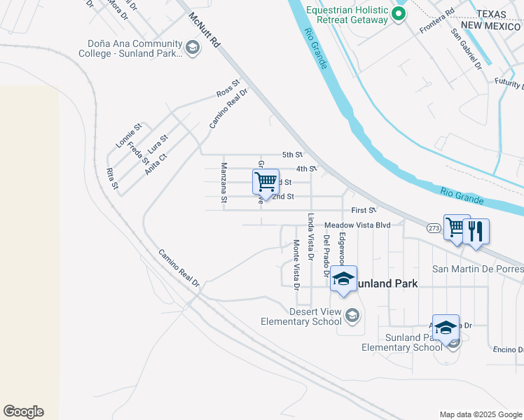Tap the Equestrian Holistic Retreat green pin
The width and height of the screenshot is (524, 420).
click(399, 13)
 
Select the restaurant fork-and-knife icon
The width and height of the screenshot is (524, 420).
click(476, 231)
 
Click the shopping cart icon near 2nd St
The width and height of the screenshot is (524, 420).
click(266, 183)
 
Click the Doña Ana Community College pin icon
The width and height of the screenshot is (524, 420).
click(191, 48)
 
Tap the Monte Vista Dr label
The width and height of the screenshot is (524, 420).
click(296, 265)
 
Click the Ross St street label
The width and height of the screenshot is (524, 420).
click(228, 92)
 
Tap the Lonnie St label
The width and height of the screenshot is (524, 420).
click(128, 135)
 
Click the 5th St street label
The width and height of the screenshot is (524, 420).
click(292, 155)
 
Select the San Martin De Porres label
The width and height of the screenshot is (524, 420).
click(477, 269)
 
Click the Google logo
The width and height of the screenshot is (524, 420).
click(23, 412)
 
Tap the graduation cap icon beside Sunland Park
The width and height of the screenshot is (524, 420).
click(344, 279)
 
